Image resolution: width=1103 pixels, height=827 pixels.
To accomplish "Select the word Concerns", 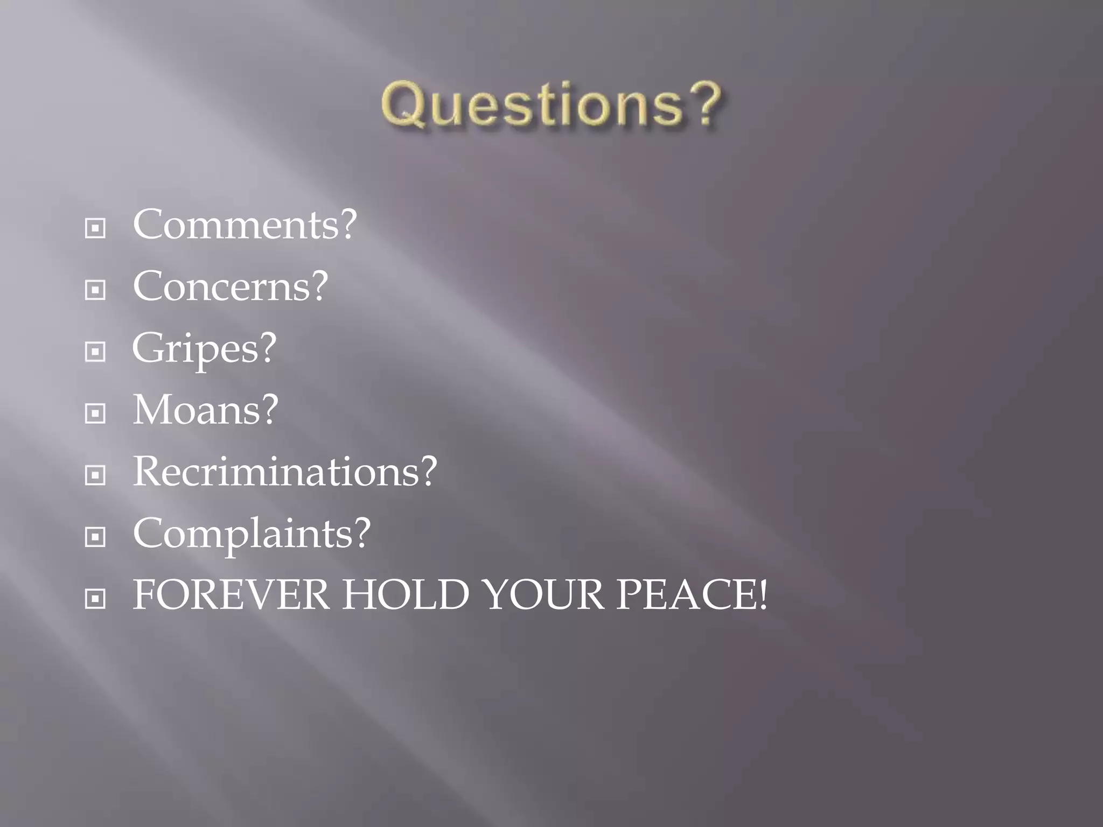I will (222, 286).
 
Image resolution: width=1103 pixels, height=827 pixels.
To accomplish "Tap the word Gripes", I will (196, 349).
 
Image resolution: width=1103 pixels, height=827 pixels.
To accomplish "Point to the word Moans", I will (197, 410).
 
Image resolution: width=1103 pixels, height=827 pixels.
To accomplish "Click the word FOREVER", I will (231, 595).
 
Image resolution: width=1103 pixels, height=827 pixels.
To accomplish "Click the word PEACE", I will (684, 595).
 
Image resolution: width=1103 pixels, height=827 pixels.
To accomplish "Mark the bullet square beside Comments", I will (95, 228).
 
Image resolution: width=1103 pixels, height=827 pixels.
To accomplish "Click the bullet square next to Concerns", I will (95, 290).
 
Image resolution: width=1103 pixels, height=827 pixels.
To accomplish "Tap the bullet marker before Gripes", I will (95, 352).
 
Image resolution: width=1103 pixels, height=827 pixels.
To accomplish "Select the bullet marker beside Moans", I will (95, 413).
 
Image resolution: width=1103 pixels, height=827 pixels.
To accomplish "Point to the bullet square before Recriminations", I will (95, 475).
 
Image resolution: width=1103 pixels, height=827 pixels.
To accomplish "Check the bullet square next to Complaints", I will (95, 537).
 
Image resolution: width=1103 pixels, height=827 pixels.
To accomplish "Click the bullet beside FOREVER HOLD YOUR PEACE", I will (95, 598).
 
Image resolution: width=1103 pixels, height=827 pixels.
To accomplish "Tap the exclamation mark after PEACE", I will (762, 595).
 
